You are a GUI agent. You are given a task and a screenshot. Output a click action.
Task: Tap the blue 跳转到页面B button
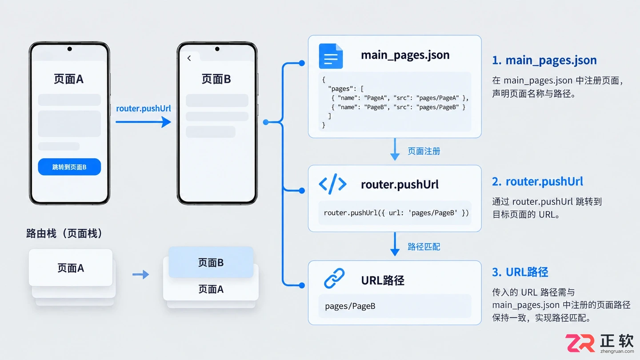tap(69, 167)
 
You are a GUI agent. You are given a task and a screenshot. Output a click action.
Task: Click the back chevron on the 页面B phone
tap(189, 58)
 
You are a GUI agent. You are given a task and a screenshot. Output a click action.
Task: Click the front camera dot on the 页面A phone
tap(69, 49)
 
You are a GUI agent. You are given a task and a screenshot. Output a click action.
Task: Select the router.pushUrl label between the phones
tap(144, 108)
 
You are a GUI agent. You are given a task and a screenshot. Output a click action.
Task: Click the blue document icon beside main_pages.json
tap(331, 56)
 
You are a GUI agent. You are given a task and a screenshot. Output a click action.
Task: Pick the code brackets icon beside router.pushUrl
tap(332, 184)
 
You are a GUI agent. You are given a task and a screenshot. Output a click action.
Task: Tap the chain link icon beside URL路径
tap(334, 278)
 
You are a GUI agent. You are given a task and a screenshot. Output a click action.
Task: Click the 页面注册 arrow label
tap(424, 151)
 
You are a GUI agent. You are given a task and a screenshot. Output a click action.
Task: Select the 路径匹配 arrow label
tap(424, 247)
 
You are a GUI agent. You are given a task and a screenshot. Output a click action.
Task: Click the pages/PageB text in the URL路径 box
tap(350, 306)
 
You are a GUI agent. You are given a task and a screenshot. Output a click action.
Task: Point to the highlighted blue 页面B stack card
tap(211, 262)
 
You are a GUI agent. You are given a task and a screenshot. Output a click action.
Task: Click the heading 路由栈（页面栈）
tap(64, 233)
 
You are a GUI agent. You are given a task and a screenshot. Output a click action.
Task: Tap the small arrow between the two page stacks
tap(140, 275)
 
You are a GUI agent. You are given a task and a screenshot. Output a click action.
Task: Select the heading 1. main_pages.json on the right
tap(544, 60)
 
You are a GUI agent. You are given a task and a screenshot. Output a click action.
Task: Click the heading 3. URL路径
tap(520, 272)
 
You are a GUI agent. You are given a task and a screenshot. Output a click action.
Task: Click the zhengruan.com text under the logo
tap(617, 351)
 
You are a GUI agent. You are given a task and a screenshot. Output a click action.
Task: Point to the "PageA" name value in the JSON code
tap(376, 98)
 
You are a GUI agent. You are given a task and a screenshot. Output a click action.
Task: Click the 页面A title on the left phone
tap(69, 79)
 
